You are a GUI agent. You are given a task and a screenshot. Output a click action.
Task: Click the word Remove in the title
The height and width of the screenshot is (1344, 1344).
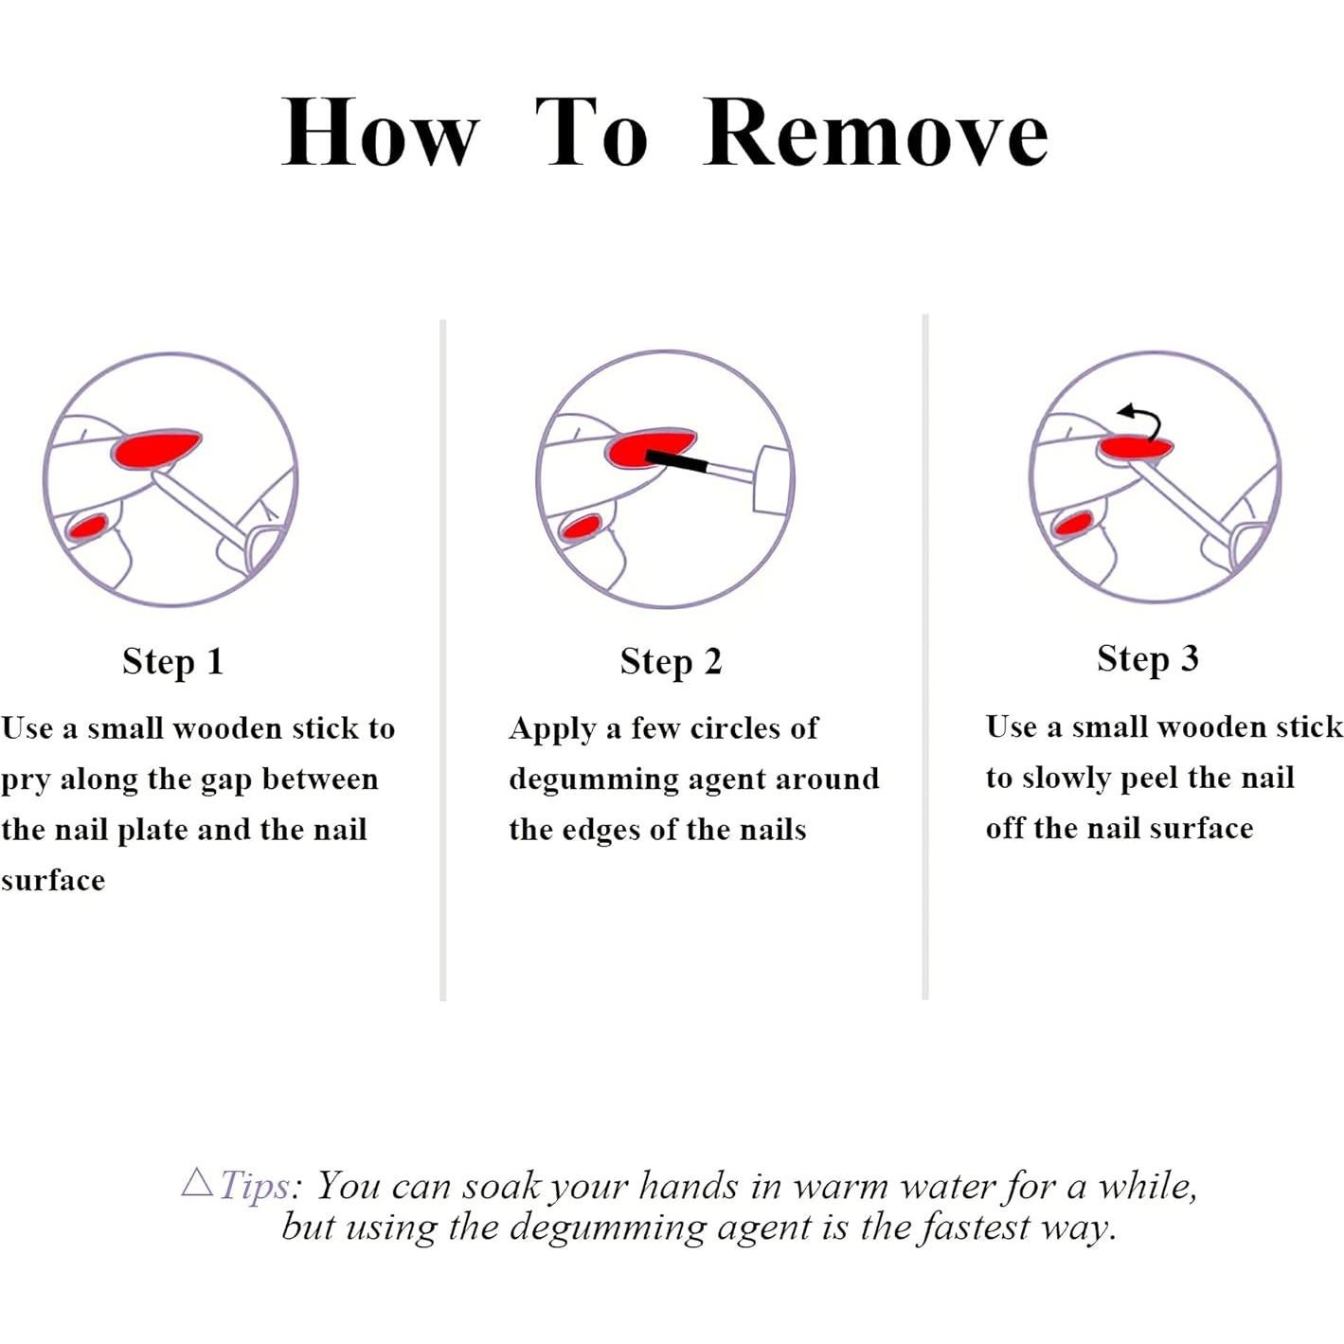click(875, 133)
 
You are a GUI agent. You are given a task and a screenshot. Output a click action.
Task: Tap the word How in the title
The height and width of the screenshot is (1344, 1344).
click(381, 133)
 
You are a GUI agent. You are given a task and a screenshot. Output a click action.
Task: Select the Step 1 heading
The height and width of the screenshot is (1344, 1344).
click(173, 661)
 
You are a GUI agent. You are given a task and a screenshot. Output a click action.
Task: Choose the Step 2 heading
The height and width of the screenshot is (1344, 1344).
click(671, 661)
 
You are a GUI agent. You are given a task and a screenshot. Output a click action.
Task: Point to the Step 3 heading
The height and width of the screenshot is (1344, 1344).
click(1147, 658)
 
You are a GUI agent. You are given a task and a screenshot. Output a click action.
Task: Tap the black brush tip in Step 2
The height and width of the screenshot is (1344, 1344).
click(676, 461)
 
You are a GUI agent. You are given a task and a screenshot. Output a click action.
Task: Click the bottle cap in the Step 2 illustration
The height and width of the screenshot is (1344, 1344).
click(774, 480)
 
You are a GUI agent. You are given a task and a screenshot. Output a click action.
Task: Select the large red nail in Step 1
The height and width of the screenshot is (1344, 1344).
click(157, 449)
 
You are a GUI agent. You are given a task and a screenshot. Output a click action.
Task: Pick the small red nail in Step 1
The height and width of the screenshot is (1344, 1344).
click(88, 525)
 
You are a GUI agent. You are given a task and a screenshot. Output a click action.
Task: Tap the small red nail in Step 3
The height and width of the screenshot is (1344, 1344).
click(1074, 523)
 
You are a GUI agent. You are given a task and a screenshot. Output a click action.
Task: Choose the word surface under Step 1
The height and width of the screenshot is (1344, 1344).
click(53, 880)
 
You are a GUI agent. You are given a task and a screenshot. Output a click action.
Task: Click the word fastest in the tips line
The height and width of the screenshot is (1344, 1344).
click(975, 1227)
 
